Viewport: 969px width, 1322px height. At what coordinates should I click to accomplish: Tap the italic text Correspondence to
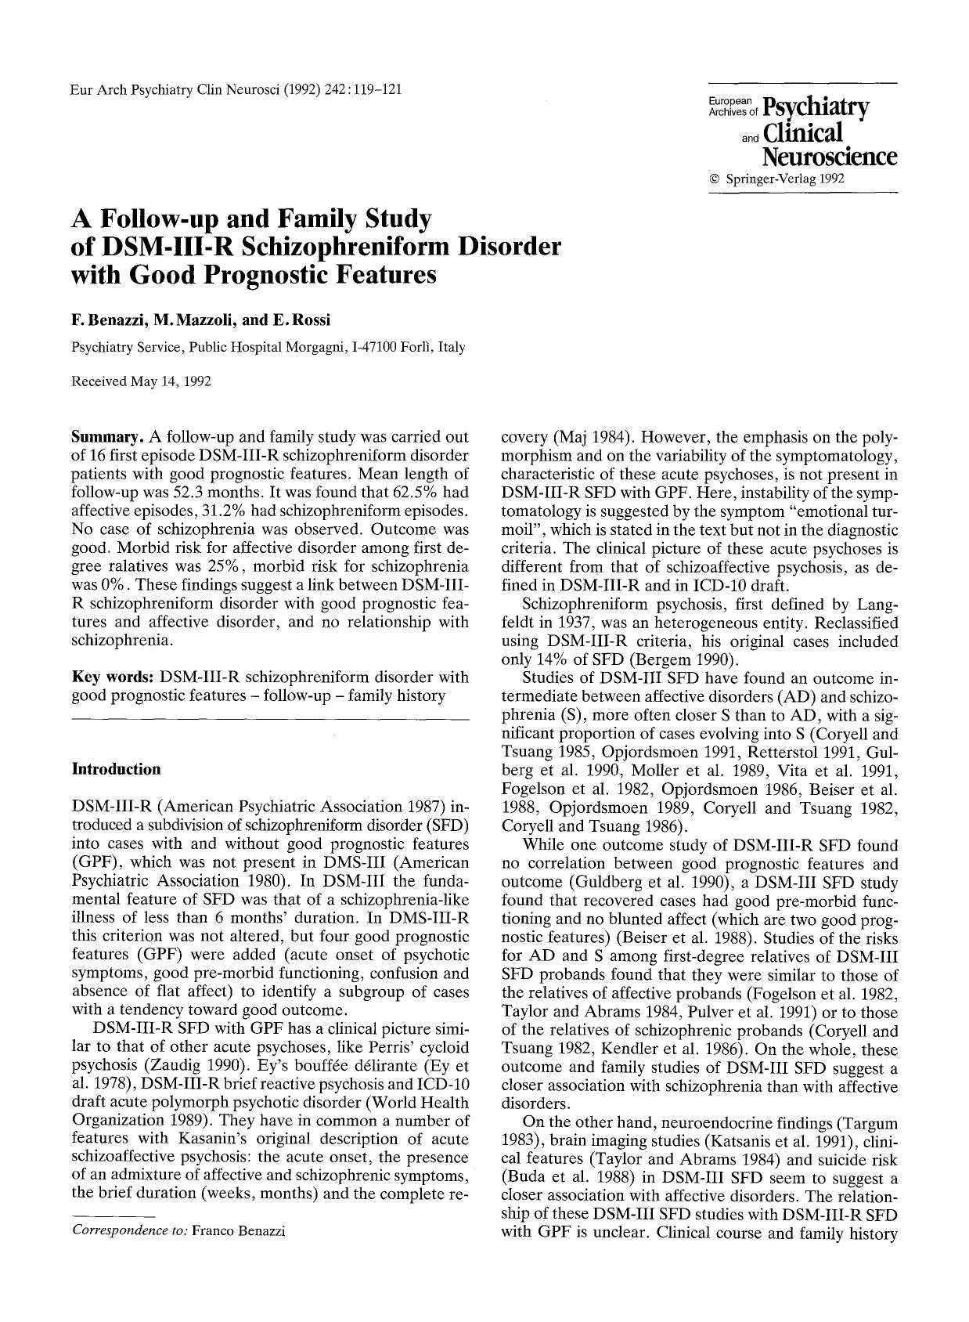[128, 1230]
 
